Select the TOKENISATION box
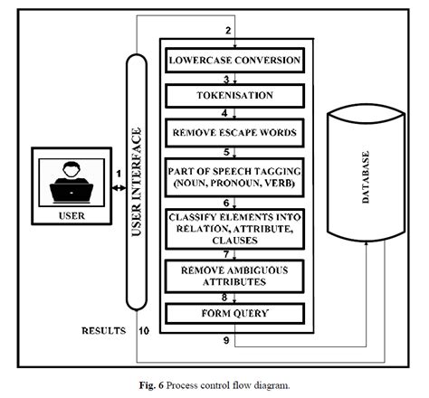[232, 95]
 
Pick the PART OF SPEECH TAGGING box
[232, 174]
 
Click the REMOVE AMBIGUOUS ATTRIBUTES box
[232, 275]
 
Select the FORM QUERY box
[232, 315]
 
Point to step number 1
[118, 173]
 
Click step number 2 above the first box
[230, 33]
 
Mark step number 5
[230, 151]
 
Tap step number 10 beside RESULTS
[144, 331]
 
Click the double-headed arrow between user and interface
[118, 188]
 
